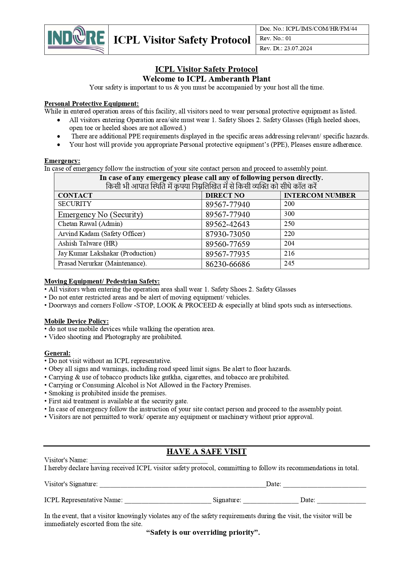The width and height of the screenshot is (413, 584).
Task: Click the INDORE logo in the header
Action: point(76,40)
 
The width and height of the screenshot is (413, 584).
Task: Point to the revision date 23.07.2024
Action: point(298,49)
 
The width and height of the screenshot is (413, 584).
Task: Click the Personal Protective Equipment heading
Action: point(92,103)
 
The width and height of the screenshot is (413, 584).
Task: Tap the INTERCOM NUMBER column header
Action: point(320,195)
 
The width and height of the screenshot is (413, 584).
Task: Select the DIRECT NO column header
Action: point(225,195)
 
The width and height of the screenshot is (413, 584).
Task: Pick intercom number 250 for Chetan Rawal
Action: point(290,224)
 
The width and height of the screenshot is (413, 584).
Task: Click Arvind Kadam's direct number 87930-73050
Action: point(227,234)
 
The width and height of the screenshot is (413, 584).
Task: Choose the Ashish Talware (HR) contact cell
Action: point(88,244)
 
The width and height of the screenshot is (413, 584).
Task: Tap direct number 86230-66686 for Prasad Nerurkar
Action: point(227,264)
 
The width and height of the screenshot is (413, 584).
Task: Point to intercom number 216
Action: point(289,254)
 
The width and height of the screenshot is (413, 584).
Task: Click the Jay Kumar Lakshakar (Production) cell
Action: point(107,254)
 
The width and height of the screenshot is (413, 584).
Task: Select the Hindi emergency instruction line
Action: point(211,186)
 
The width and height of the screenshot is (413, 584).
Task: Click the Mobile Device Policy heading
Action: point(77,321)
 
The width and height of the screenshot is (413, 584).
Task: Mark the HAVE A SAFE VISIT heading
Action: point(206,452)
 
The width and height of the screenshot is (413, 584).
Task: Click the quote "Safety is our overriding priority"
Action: point(203,532)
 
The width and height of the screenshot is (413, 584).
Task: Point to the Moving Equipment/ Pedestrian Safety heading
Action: point(102,281)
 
